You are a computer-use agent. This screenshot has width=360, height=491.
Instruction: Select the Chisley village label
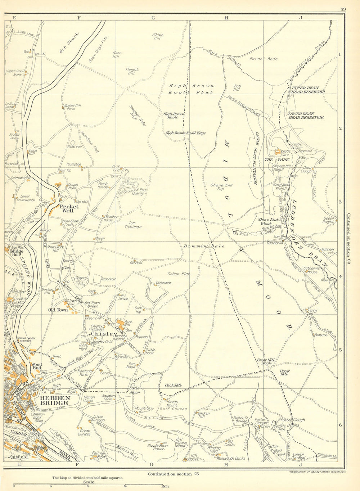point(102,334)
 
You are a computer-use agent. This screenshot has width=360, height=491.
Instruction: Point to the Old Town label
point(58,310)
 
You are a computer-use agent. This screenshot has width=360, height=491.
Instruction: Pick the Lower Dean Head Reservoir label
point(306,115)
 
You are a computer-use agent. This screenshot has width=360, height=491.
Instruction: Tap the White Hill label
point(158,36)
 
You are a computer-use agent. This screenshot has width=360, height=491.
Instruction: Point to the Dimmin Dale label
point(204,246)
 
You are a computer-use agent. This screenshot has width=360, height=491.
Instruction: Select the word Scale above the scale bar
point(89,482)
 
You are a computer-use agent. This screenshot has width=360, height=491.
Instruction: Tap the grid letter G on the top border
point(153,17)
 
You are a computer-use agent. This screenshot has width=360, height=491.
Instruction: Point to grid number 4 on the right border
point(340,277)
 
